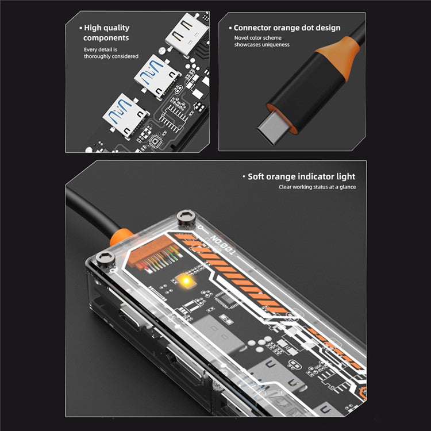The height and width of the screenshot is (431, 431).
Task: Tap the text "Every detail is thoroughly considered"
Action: click(x=111, y=53)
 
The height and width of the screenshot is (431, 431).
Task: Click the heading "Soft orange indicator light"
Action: click(x=301, y=176)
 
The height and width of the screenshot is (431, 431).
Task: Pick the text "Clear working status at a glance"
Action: click(x=317, y=187)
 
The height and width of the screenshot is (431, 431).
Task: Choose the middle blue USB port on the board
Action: click(x=153, y=75)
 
